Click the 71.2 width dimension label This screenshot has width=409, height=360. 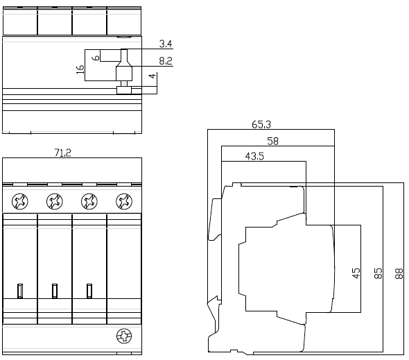[x=62, y=153]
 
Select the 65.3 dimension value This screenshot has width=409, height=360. [x=261, y=125]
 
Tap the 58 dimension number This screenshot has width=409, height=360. [x=273, y=142]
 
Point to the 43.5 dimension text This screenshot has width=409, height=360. [x=254, y=156]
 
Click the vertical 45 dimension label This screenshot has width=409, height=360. [x=356, y=273]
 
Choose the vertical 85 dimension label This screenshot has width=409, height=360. [x=378, y=273]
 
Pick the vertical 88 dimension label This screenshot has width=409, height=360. [x=399, y=273]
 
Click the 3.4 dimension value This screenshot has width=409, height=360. [x=166, y=44]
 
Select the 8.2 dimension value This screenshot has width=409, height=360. [x=166, y=61]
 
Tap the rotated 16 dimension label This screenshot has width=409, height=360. [x=80, y=69]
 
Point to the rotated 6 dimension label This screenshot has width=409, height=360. [x=96, y=58]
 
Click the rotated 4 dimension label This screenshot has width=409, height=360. [x=153, y=76]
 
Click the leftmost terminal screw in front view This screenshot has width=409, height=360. [x=20, y=201]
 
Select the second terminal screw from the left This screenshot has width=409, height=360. [x=55, y=201]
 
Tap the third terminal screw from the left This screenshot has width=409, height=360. [x=89, y=201]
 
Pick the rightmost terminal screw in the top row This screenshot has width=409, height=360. [x=124, y=201]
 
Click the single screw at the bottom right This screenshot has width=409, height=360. [x=124, y=336]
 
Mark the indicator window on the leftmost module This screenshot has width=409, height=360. [x=20, y=291]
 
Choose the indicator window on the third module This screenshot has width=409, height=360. [x=89, y=291]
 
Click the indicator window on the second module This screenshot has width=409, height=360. [x=55, y=291]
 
